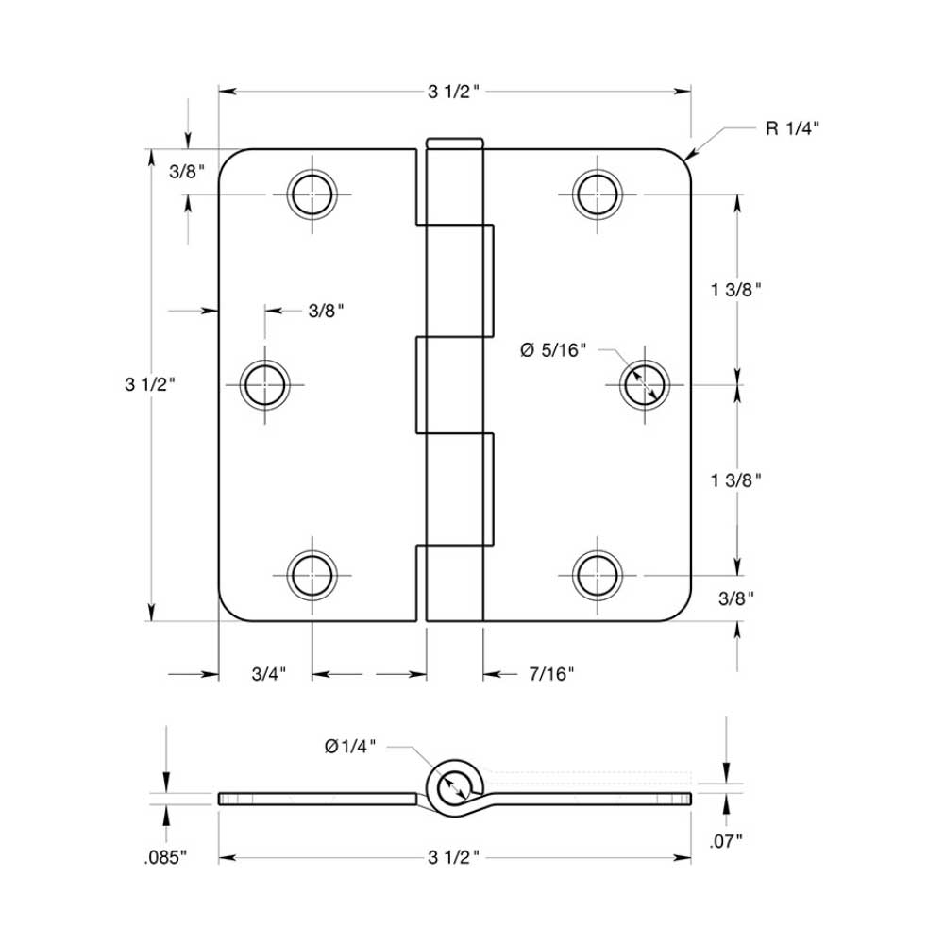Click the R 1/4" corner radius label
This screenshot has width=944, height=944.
pos(791,128)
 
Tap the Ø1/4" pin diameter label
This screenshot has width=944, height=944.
pos(350,746)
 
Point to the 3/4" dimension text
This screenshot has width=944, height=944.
pos(269,674)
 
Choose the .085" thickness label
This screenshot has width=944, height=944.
pos(166,858)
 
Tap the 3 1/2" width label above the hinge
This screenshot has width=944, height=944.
pos(455,92)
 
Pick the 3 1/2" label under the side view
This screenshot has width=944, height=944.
pos(455,858)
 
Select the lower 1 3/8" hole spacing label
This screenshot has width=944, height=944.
pos(736,480)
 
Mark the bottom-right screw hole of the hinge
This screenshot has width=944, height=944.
pos(597,574)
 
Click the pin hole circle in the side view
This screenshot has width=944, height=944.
pos(455,784)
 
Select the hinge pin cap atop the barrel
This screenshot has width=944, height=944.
pos(455,143)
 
